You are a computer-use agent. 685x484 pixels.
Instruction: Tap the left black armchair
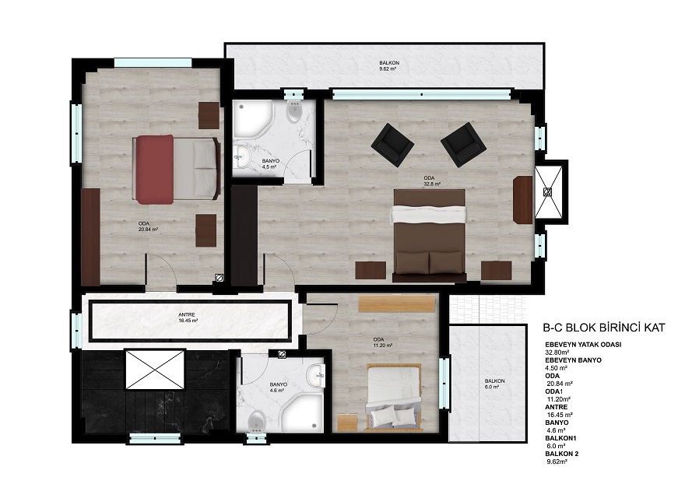point(392,145)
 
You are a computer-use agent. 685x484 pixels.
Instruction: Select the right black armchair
point(463,145)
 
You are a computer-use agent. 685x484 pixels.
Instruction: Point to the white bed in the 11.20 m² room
point(393,397)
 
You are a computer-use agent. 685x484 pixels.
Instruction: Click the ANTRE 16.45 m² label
point(188,317)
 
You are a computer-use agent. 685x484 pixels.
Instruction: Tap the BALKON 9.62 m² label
point(388,65)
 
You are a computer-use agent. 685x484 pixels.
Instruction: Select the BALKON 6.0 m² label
point(494,384)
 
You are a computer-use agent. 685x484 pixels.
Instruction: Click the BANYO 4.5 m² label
point(271,164)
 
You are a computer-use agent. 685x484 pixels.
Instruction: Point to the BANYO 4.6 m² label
point(279,387)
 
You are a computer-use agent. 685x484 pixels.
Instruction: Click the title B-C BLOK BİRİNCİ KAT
point(604,328)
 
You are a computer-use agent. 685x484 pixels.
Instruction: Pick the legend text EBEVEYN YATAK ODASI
point(583,344)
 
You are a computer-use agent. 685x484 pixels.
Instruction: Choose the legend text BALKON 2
point(562,454)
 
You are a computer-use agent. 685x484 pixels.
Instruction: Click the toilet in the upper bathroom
point(295,112)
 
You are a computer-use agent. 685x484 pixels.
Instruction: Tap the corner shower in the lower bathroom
point(302,412)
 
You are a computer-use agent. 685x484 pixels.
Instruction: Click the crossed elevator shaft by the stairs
point(155,369)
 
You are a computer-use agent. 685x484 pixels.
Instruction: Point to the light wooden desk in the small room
point(397,304)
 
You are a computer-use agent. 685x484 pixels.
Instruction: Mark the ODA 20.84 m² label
point(147,226)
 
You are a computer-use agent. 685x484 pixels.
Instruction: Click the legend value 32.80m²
point(557,352)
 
